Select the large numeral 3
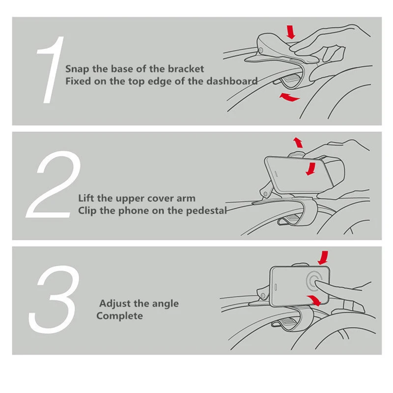tap(54, 299)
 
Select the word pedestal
tap(206, 211)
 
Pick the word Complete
tap(119, 316)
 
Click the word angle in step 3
tap(166, 304)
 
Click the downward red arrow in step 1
tap(291, 32)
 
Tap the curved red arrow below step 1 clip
tap(289, 97)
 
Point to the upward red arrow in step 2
tap(298, 142)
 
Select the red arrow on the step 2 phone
tap(311, 168)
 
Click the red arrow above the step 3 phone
tap(323, 258)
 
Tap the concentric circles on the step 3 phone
tap(314, 281)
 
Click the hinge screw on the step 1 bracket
tap(261, 51)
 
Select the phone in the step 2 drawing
tap(299, 174)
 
